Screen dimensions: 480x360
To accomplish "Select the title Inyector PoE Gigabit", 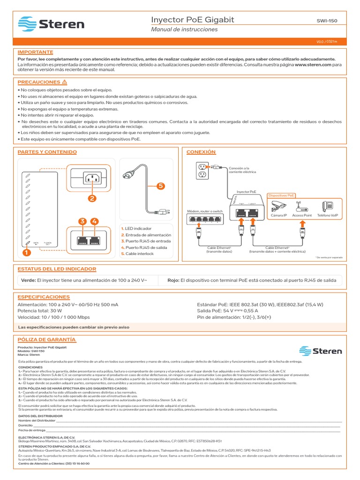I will pos(192,20).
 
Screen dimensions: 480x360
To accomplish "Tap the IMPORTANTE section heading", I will pos(35,52).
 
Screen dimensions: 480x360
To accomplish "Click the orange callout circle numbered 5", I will pos(161,186).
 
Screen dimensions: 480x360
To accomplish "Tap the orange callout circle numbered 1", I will pos(26,253).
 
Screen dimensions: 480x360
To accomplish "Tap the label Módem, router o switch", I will pos(205,211).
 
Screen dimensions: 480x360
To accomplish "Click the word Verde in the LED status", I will pos(29,280).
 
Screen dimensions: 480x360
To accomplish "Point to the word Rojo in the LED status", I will pos(173,280).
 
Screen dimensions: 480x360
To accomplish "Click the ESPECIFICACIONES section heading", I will pos(43,297).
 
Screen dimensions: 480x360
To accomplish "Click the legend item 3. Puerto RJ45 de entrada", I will pos(146,241).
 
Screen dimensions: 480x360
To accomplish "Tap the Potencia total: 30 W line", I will pos(39,311).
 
